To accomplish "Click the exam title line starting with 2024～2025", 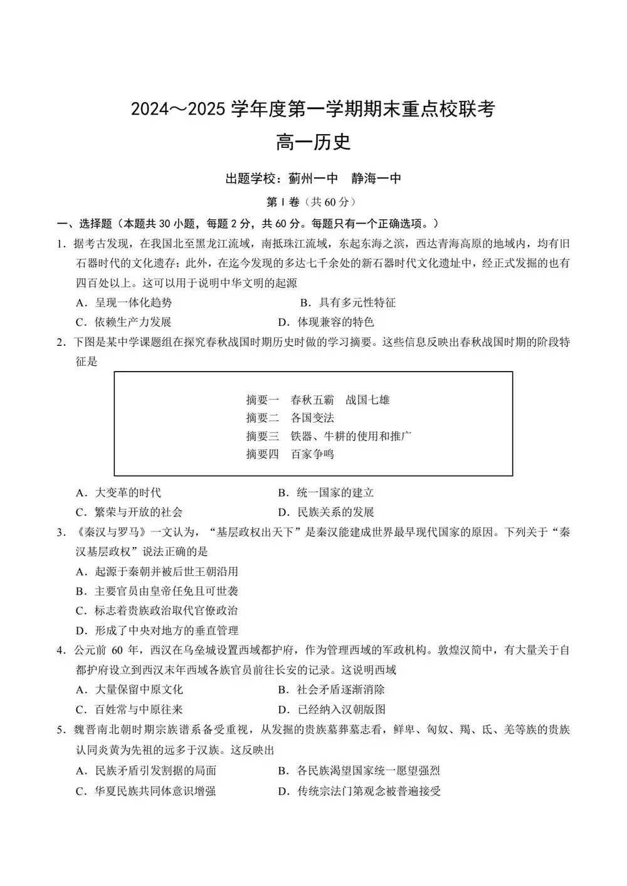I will pyautogui.click(x=313, y=109).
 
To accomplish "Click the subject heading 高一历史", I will pyautogui.click(x=313, y=142).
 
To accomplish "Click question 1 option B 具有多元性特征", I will pyautogui.click(x=348, y=303).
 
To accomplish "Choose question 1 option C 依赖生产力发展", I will pyautogui.click(x=124, y=322).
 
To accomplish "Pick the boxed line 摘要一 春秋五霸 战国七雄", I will pyautogui.click(x=318, y=400).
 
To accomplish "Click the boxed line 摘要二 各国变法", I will pyautogui.click(x=290, y=418).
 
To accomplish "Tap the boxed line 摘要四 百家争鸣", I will pyautogui.click(x=290, y=454).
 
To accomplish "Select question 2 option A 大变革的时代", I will pyautogui.click(x=119, y=493).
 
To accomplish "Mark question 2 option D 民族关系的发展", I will pyautogui.click(x=326, y=512).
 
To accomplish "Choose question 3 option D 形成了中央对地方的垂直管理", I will pyautogui.click(x=157, y=630).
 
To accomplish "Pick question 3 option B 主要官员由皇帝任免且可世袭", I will pyautogui.click(x=157, y=591).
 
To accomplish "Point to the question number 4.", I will pyautogui.click(x=61, y=650).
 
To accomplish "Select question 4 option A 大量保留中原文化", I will pyautogui.click(x=129, y=689).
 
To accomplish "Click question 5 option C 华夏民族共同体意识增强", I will pyautogui.click(x=146, y=791).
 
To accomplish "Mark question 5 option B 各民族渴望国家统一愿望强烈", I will pyautogui.click(x=359, y=771).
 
